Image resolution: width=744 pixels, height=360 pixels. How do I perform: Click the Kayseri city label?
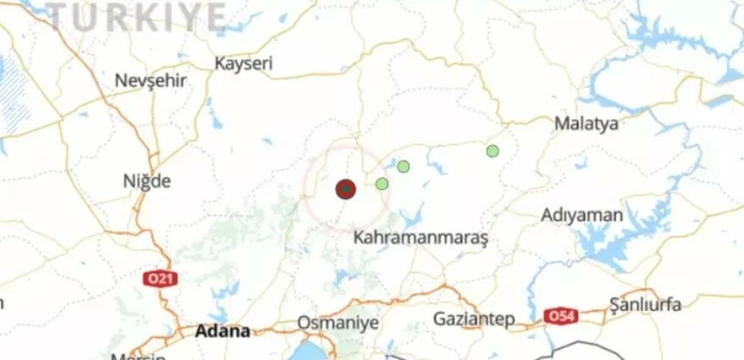[243, 63]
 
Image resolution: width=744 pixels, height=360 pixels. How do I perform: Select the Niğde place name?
[147, 181]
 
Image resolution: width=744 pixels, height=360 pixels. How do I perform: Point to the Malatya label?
[586, 123]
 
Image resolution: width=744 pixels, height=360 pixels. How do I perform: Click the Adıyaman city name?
[582, 215]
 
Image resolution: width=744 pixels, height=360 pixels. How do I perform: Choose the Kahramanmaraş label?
[420, 238]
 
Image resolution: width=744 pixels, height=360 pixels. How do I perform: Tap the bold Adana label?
[222, 330]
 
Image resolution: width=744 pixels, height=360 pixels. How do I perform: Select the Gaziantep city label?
[473, 319]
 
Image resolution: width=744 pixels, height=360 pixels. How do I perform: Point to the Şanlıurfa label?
[645, 303]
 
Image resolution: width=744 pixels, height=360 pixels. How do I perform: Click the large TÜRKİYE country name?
[136, 17]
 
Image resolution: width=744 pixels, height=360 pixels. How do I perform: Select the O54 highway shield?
[560, 315]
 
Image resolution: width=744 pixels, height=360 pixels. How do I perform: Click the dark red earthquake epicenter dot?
[345, 189]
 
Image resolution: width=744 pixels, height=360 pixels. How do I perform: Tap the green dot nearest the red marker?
[382, 183]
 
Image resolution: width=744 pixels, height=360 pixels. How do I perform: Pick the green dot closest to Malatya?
[492, 151]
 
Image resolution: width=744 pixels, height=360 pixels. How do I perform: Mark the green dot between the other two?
[403, 166]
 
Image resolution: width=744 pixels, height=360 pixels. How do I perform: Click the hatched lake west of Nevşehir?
[13, 93]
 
